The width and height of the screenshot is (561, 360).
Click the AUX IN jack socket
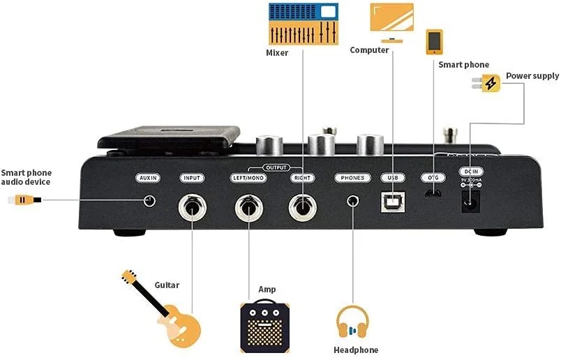tap(149, 201)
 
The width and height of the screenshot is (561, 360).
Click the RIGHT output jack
tap(302, 206)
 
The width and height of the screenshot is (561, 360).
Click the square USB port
tap(391, 202)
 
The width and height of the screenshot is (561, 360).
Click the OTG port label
tap(433, 178)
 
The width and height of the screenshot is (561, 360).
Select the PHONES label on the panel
tap(352, 178)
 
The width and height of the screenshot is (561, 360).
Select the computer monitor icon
tap(391, 22)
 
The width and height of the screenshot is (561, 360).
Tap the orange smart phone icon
tap(435, 41)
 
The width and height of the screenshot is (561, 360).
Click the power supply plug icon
tap(491, 84)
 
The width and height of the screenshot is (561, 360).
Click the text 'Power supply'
tap(532, 75)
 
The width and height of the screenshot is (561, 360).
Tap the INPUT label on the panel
tap(190, 178)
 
